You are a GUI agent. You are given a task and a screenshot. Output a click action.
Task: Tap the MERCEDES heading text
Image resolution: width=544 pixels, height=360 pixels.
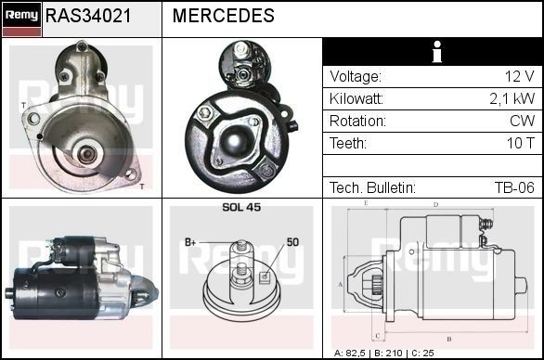click(x=223, y=16)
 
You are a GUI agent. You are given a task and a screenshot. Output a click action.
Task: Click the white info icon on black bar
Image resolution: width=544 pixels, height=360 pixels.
click(x=432, y=52)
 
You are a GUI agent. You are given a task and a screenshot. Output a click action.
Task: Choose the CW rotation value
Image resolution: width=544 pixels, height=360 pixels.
click(x=522, y=121)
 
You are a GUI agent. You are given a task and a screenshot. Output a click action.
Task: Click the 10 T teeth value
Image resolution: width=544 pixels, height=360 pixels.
click(x=520, y=143)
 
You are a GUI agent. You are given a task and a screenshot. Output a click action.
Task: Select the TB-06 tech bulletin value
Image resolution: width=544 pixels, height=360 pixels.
click(x=513, y=187)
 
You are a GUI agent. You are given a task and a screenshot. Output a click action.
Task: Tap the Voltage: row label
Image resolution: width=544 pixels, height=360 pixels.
click(x=356, y=76)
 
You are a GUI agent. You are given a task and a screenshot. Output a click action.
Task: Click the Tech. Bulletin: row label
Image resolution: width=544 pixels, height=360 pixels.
click(x=372, y=187)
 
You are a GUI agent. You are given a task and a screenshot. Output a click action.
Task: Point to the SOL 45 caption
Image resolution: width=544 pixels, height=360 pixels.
click(x=241, y=208)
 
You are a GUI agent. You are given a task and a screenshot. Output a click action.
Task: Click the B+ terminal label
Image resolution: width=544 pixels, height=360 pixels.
click(x=191, y=242)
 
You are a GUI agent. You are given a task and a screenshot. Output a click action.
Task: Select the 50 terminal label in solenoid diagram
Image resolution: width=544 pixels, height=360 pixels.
click(x=291, y=242)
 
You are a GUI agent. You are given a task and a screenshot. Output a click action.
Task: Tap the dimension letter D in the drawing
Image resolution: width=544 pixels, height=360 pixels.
click(x=435, y=204)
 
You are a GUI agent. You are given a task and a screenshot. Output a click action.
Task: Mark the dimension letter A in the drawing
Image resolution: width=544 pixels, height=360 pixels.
click(x=341, y=284)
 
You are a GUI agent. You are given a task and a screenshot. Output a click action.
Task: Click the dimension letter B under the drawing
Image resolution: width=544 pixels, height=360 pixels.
click(x=448, y=339)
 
